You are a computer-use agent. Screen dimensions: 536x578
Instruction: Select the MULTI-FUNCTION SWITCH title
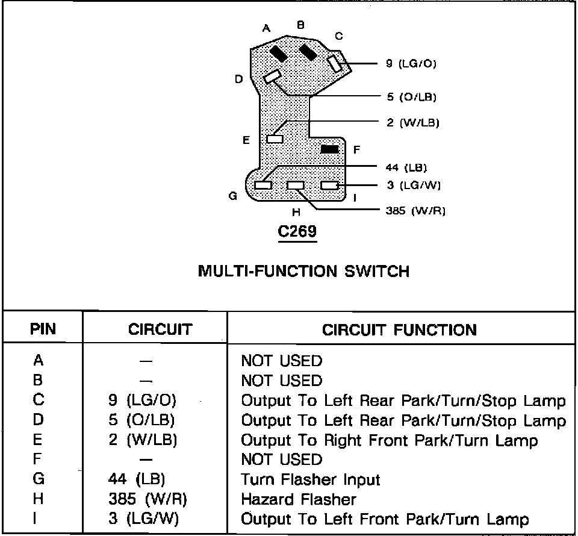coord(303,271)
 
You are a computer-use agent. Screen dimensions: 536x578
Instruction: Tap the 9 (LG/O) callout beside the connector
coord(411,63)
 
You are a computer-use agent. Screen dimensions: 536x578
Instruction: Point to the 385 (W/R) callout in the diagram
coord(415,211)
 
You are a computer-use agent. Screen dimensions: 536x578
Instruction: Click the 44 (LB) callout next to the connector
coord(406,167)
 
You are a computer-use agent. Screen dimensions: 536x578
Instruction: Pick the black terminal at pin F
coord(329,149)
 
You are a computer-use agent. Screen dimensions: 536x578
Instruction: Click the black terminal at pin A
coord(279,53)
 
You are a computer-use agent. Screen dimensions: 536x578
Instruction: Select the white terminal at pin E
coord(275,139)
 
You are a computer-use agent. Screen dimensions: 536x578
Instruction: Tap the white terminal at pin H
coord(296,185)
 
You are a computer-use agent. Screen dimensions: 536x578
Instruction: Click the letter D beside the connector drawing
coord(239,79)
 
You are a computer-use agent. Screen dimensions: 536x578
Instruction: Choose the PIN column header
coord(43,329)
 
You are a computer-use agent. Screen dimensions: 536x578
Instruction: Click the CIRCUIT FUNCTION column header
coord(399,330)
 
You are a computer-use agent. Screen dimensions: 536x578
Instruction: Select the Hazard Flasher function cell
coord(299,499)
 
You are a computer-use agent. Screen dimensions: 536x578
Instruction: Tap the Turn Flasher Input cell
coord(311,479)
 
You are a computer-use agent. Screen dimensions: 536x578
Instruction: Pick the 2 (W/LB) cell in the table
coord(143,440)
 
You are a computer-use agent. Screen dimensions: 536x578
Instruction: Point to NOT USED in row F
coord(281,460)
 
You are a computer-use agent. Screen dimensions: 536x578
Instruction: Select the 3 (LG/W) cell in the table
coord(143,519)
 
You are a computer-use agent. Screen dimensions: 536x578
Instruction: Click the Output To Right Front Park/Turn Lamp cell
coord(389,440)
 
